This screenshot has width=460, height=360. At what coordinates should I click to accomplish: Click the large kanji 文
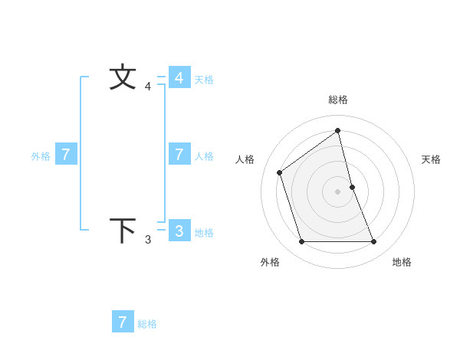123,77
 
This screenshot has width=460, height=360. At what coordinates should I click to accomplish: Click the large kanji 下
123,231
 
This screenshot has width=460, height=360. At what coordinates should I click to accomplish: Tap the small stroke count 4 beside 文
148,87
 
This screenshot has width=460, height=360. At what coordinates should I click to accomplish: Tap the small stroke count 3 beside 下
148,240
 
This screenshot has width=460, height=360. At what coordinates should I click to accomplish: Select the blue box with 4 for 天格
179,78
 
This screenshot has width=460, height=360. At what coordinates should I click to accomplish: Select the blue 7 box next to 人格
179,155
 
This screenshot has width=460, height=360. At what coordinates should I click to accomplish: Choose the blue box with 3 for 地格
179,231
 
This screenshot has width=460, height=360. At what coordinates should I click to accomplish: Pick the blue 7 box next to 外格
66,155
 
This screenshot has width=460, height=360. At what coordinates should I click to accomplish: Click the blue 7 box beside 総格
123,322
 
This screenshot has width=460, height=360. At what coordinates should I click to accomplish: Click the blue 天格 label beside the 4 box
204,80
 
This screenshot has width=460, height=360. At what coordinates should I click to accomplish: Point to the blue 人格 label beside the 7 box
204,156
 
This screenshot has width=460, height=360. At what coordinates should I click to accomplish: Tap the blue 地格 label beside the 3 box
204,233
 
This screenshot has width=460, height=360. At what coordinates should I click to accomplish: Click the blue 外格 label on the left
41,156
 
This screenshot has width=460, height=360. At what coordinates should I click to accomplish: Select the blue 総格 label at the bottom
147,324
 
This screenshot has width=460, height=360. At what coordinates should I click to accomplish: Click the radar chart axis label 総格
338,100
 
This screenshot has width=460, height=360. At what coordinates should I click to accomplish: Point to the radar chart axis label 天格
431,159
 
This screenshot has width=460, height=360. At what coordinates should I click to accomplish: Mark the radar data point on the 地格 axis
374,242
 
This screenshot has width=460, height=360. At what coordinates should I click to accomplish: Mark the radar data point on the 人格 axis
279,172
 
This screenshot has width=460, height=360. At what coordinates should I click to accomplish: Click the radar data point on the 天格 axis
352,187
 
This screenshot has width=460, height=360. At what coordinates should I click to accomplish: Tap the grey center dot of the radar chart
338,191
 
